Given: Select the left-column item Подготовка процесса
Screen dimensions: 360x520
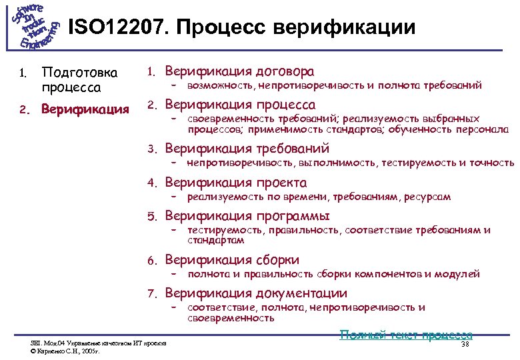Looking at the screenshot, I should (x=79, y=79).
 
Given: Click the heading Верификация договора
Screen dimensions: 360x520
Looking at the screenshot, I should (x=239, y=71).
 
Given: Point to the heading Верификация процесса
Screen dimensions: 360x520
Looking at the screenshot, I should (x=240, y=105).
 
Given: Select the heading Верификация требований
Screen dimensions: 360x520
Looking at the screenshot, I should (x=247, y=149).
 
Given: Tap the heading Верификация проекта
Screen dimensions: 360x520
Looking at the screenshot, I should (x=235, y=183).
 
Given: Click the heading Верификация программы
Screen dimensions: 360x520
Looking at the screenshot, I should (x=247, y=216).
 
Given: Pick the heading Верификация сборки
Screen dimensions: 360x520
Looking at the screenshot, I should (x=232, y=260).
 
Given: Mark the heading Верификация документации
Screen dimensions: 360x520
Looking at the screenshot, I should (x=255, y=293).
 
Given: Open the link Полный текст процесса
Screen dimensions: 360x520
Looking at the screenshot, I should (x=406, y=335).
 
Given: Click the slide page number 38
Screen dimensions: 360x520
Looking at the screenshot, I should (x=465, y=344).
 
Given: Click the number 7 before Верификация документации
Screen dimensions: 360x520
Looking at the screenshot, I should (x=151, y=293).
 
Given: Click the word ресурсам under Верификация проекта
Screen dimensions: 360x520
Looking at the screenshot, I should (x=428, y=197).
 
